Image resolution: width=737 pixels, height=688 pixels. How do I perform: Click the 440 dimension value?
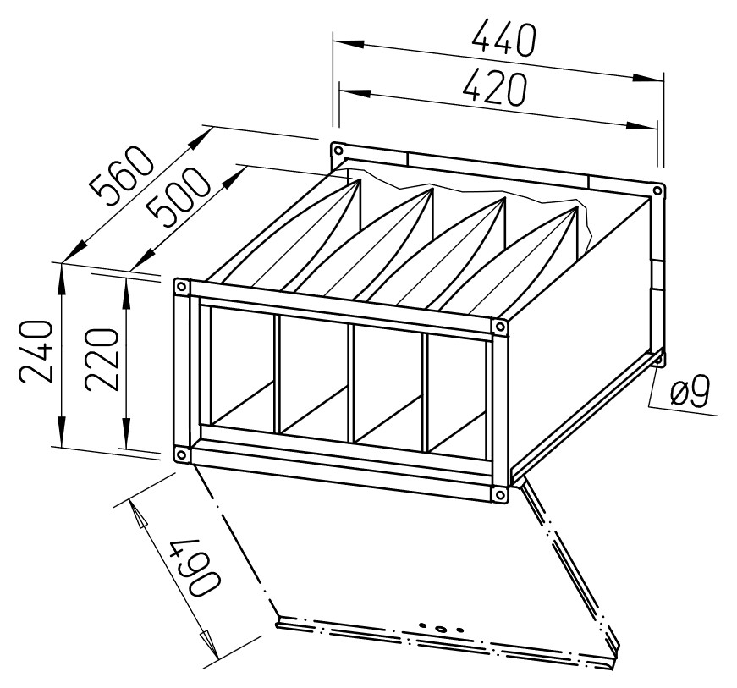[x=503, y=39]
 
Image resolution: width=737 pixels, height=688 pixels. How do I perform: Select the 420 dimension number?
[x=495, y=88]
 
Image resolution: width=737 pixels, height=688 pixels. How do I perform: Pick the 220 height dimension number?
[x=100, y=361]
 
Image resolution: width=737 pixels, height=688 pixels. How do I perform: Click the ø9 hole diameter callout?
[x=689, y=390]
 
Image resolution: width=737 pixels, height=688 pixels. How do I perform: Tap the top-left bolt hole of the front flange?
[x=181, y=287]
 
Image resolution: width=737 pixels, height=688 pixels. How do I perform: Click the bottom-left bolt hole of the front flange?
[x=180, y=455]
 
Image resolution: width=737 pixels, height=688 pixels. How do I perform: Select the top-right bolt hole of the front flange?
[x=499, y=327]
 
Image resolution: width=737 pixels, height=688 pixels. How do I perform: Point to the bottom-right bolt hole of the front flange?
[x=499, y=494]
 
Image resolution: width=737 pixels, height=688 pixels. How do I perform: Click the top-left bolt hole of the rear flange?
[x=338, y=151]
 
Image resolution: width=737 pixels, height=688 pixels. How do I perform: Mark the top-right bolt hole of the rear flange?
[x=657, y=190]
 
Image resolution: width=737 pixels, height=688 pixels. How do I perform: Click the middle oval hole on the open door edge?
[x=441, y=628]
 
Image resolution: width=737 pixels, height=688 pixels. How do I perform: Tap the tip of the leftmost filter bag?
[x=360, y=179]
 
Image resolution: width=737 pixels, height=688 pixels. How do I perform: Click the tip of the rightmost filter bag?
[x=576, y=206]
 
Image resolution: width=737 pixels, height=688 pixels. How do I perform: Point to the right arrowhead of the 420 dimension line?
[x=641, y=125]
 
